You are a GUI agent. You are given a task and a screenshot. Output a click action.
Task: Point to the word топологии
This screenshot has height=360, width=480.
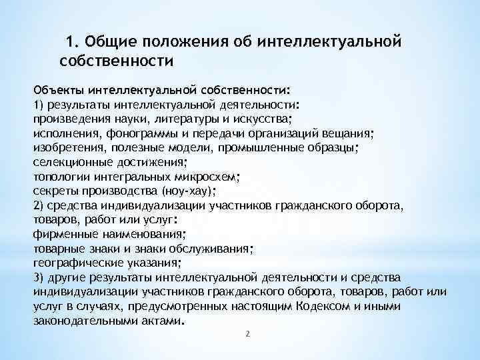(57, 177)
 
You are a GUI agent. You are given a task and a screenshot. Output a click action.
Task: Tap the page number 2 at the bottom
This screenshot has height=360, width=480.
(247, 333)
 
